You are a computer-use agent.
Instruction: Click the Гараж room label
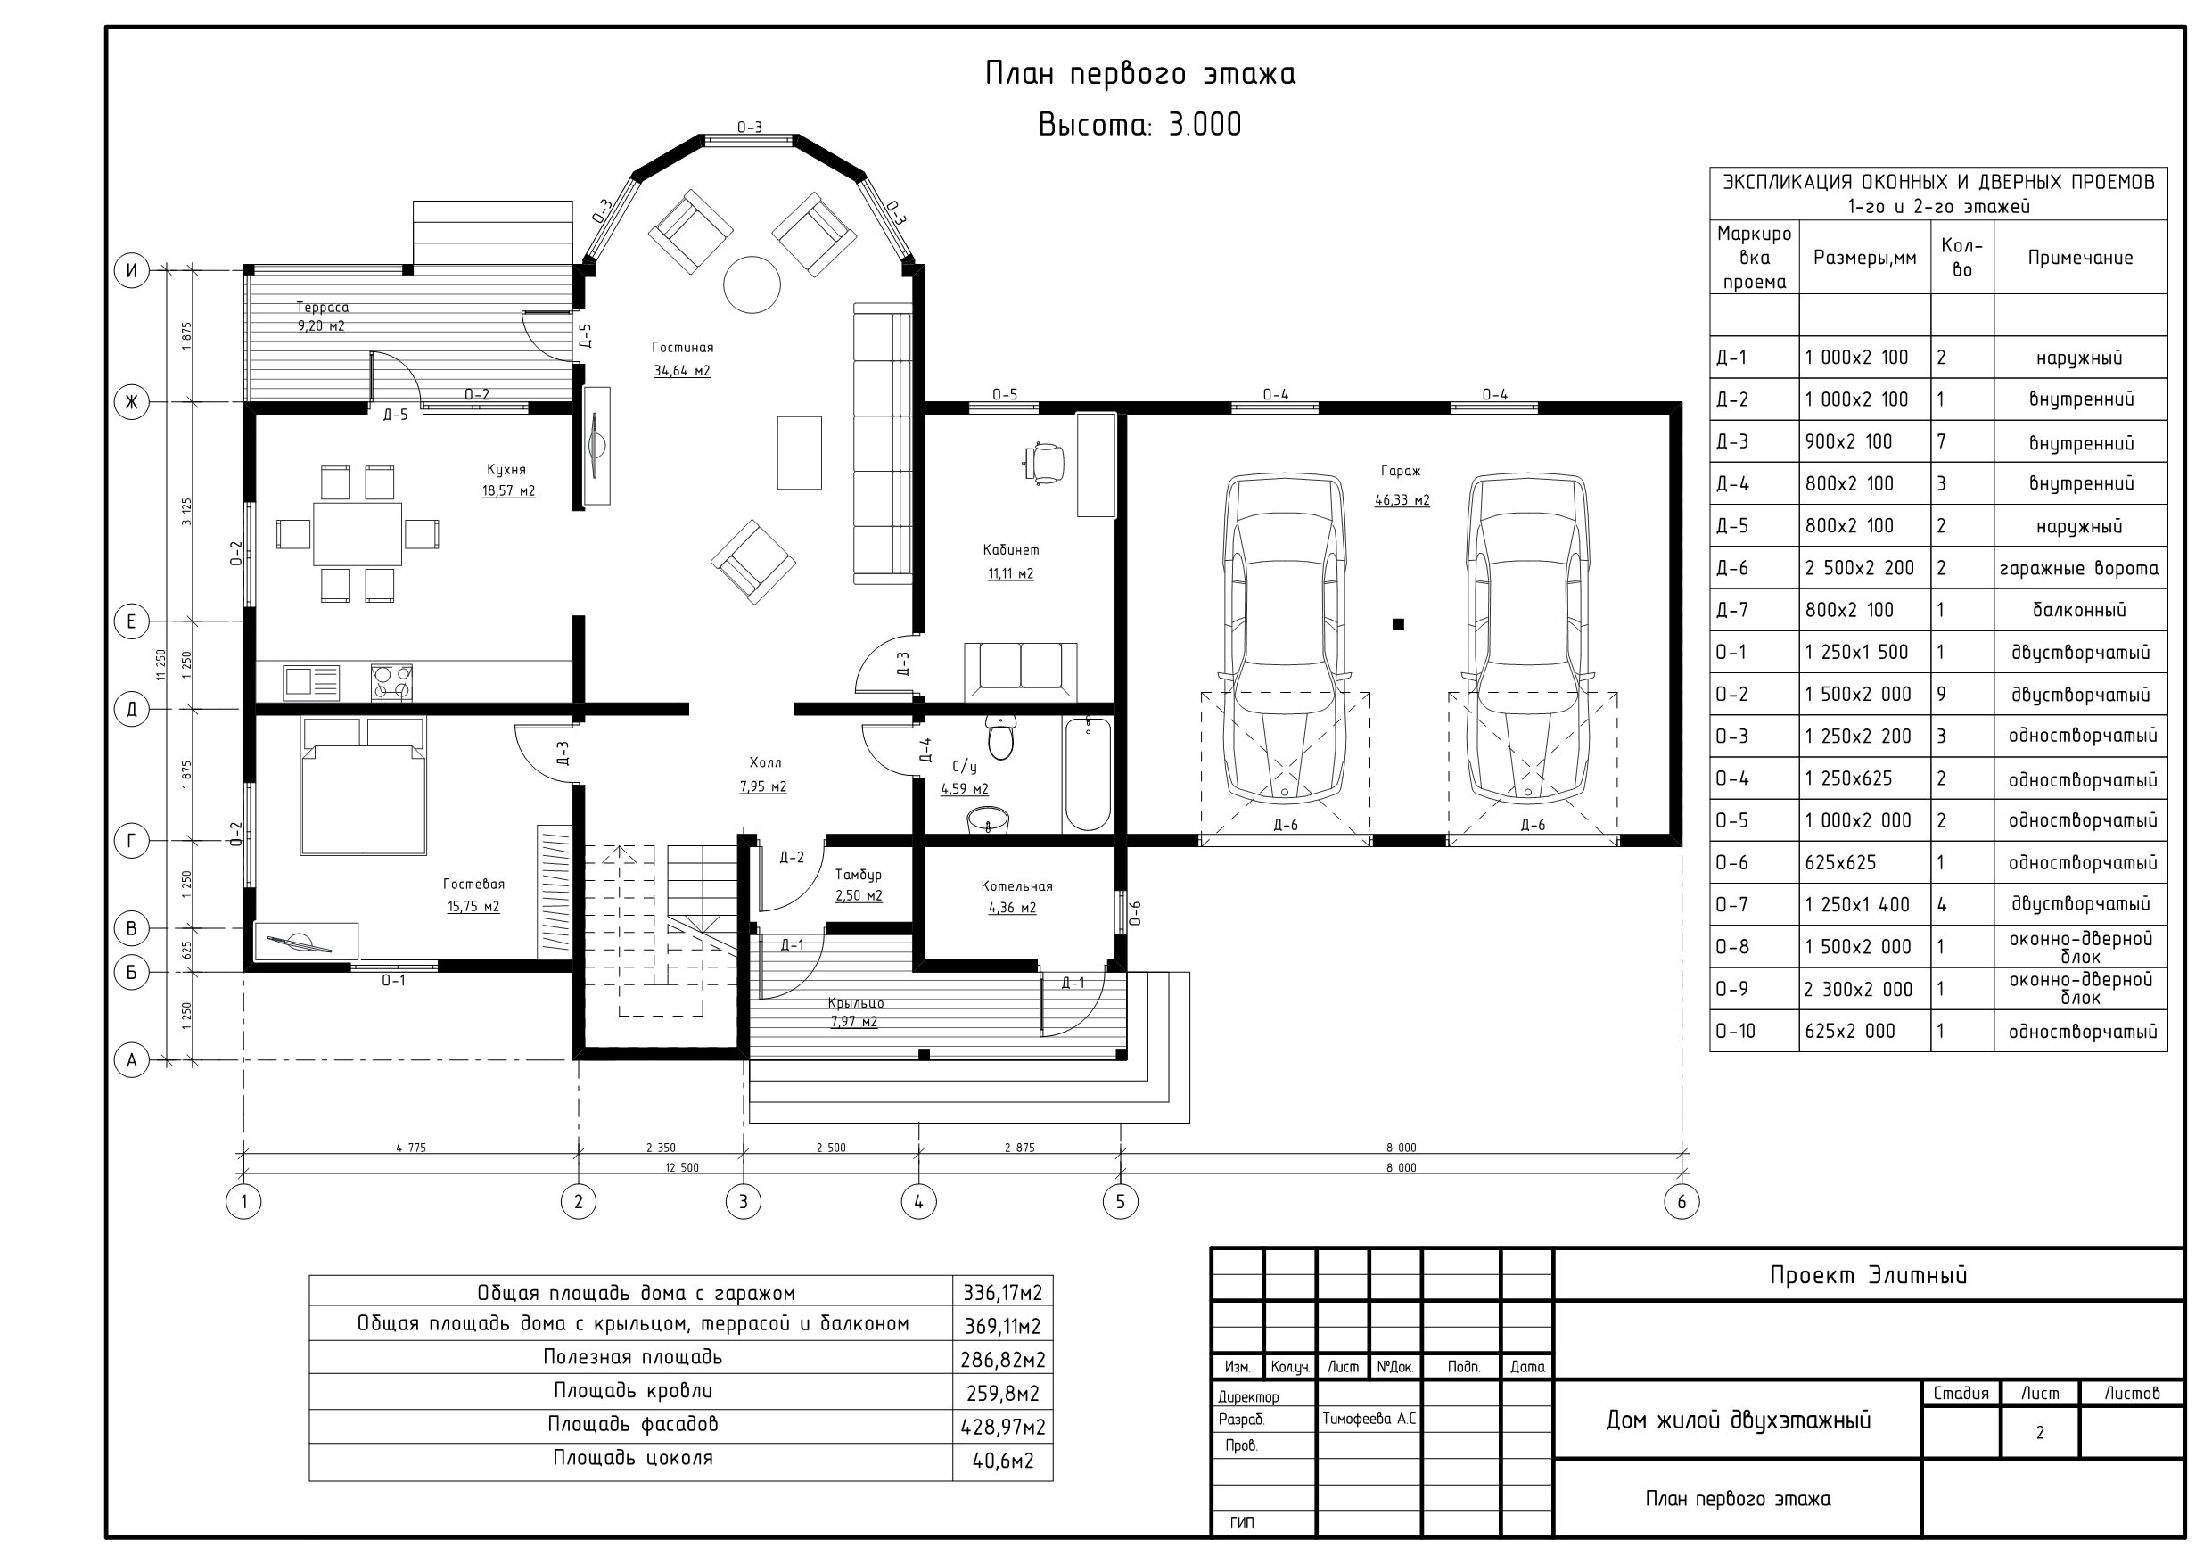(1400, 471)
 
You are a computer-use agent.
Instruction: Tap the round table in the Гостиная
(752, 284)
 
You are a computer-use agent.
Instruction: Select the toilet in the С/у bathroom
(1001, 737)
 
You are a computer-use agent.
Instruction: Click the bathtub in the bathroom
(1088, 774)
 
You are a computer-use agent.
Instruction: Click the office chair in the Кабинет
(1043, 462)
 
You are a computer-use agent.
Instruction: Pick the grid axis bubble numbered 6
(1682, 1202)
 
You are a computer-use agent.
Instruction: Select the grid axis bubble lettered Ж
(132, 402)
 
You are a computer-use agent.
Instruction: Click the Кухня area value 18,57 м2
(509, 491)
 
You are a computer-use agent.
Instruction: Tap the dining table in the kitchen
(358, 534)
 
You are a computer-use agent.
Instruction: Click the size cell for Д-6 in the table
(1860, 569)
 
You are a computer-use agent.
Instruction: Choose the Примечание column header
(2080, 258)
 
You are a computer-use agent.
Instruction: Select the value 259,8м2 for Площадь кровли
(1003, 1394)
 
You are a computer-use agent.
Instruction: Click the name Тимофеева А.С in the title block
(1368, 1419)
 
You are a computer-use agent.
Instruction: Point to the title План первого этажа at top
(1139, 73)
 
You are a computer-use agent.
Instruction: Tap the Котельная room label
(1016, 885)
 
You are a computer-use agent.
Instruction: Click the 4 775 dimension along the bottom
(410, 1148)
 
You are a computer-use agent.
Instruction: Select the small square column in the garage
(1398, 624)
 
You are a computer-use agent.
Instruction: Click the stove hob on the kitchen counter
(391, 682)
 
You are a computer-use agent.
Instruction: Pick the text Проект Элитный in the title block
(1868, 1276)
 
